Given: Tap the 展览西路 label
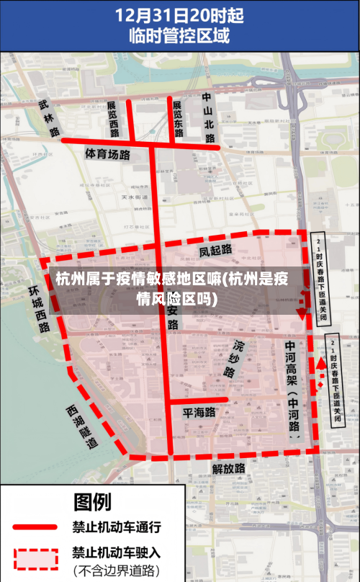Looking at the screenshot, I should click(113, 118).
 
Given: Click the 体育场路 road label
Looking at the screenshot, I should click(107, 153).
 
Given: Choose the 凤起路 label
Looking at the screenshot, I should click(215, 250).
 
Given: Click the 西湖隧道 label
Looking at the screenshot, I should click(81, 426).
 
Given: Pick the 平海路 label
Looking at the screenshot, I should click(199, 413).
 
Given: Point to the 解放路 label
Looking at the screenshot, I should click(229, 468).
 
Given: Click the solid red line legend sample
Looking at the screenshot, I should click(35, 528).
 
